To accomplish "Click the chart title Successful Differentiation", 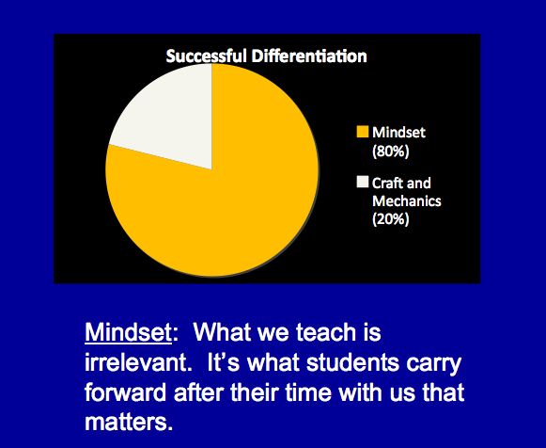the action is (x=266, y=56).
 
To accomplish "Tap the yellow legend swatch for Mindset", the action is (x=362, y=132).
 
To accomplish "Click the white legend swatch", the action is (x=362, y=182).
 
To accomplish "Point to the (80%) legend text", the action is (x=390, y=152).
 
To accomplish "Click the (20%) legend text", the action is (x=390, y=219).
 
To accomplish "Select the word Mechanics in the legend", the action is (x=407, y=201).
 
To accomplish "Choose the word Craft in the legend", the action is (x=386, y=183).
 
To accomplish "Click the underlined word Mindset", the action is (x=128, y=332).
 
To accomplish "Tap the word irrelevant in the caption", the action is (x=138, y=362).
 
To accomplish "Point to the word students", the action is (x=352, y=362).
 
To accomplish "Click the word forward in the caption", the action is (x=125, y=392).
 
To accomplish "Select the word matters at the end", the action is (x=129, y=423).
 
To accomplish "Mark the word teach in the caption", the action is (x=326, y=332).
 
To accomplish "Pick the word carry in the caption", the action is (x=434, y=364).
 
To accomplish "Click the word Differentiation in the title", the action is (x=309, y=56).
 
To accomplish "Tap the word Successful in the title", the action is (x=206, y=56).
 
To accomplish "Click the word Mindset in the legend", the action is (x=398, y=133).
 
